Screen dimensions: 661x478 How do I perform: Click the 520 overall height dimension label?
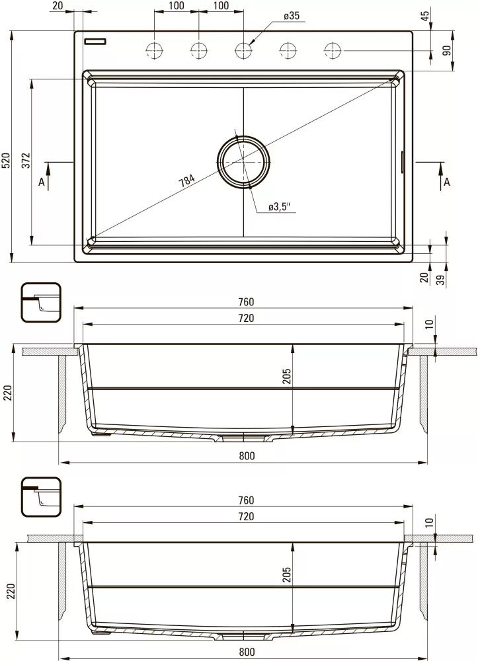pyautogui.click(x=6, y=161)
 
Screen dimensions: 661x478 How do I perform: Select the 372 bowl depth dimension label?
pyautogui.click(x=25, y=161)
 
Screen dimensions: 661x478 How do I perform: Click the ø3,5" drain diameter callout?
pyautogui.click(x=280, y=208)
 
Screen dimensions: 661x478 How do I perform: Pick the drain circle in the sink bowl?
pyautogui.click(x=243, y=161)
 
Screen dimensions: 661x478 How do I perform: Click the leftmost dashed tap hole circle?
pyautogui.click(x=155, y=50)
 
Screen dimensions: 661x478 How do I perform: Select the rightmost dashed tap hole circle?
pyautogui.click(x=333, y=50)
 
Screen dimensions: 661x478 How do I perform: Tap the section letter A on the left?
pyautogui.click(x=42, y=182)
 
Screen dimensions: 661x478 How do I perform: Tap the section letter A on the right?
pyautogui.click(x=447, y=182)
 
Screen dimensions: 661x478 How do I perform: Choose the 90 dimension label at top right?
pyautogui.click(x=446, y=50)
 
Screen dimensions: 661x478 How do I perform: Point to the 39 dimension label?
pyautogui.click(x=440, y=279)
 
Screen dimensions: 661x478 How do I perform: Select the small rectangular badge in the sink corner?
pyautogui.click(x=95, y=41)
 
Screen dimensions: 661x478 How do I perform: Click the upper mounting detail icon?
pyautogui.click(x=41, y=303)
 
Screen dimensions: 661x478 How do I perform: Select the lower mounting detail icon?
pyautogui.click(x=41, y=497)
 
